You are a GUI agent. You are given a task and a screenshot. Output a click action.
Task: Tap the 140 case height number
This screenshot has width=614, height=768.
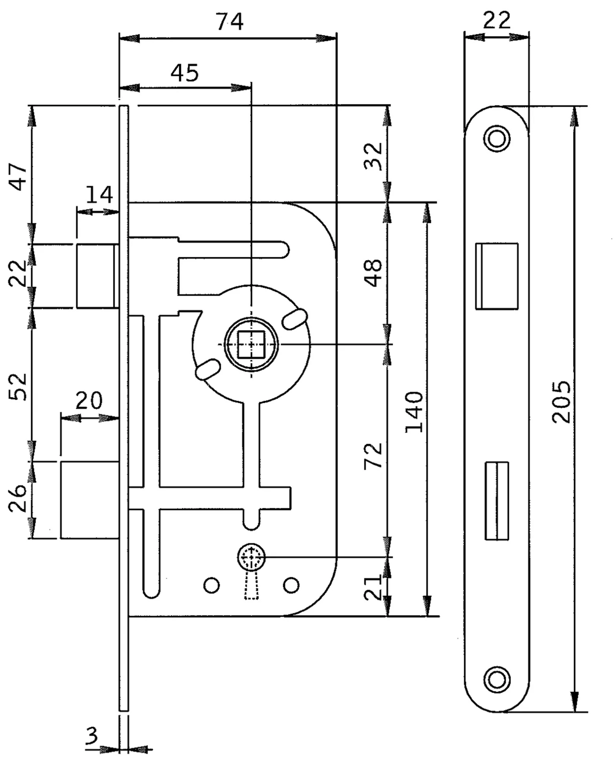pyautogui.click(x=414, y=412)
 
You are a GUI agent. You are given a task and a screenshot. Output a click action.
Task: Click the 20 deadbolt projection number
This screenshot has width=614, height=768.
pyautogui.click(x=89, y=400)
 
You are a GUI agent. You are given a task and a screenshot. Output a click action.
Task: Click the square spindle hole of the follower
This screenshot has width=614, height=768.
pyautogui.click(x=251, y=344)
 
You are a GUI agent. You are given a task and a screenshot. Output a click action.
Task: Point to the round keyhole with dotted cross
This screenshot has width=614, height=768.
pyautogui.click(x=251, y=557)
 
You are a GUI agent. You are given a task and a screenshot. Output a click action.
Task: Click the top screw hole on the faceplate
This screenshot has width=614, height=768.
pyautogui.click(x=497, y=139)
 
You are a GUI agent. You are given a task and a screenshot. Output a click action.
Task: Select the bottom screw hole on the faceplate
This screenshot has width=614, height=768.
pyautogui.click(x=497, y=679)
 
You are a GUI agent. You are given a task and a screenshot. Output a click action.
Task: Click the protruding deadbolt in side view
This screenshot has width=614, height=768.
pyautogui.click(x=89, y=500)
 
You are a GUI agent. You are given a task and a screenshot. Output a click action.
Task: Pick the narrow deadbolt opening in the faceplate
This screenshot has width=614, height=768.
pyautogui.click(x=497, y=500)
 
